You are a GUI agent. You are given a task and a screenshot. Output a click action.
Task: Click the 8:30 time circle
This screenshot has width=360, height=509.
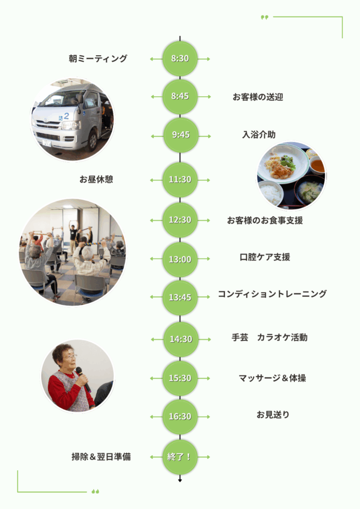click(180, 59)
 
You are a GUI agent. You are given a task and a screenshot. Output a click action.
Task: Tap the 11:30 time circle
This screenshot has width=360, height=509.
click(180, 179)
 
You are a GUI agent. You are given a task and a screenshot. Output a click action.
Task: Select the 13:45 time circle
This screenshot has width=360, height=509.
click(180, 298)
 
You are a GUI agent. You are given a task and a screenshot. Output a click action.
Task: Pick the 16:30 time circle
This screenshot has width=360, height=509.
click(180, 417)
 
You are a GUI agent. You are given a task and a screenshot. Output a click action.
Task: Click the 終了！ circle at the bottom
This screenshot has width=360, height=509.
click(180, 456)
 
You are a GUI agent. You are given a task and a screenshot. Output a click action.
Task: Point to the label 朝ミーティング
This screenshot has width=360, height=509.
click(98, 59)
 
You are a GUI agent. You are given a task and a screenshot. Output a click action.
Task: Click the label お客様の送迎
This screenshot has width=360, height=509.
click(258, 97)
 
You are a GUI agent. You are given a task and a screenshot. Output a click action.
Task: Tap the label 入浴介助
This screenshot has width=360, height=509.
click(259, 135)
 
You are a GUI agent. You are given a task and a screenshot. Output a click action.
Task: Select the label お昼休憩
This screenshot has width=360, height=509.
click(96, 179)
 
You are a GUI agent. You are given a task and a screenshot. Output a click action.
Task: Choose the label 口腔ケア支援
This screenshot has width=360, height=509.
click(265, 257)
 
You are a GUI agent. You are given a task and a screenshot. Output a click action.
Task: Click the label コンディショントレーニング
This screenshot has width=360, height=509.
click(272, 294)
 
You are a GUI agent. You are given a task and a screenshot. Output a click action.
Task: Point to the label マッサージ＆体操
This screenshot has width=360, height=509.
click(272, 378)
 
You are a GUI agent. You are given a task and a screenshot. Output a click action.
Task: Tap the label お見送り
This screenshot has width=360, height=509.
click(273, 415)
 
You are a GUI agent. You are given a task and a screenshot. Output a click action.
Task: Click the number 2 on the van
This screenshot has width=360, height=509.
click(66, 116)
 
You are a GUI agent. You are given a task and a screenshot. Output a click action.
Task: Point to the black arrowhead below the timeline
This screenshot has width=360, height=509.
click(180, 481)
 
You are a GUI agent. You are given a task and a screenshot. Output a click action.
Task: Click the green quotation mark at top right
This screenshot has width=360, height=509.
click(265, 17)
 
